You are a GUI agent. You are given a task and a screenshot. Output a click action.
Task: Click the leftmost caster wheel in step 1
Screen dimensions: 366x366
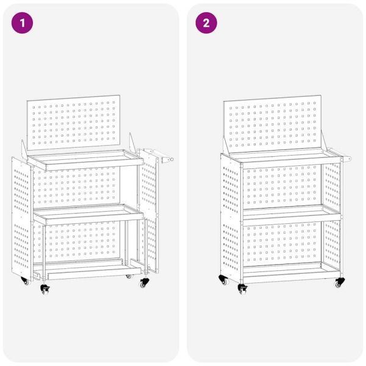(x=26, y=281)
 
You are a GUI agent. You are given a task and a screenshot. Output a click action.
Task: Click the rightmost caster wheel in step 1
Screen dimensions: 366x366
(x=144, y=283)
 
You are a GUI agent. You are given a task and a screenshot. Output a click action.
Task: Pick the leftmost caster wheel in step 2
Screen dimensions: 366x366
(x=221, y=280)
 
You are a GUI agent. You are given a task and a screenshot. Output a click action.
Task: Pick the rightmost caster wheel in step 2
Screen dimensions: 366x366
(x=338, y=283)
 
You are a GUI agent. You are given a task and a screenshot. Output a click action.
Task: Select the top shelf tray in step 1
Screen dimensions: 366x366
(x=85, y=160)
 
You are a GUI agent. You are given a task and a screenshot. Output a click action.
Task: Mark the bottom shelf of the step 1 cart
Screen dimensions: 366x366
(x=85, y=268)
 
